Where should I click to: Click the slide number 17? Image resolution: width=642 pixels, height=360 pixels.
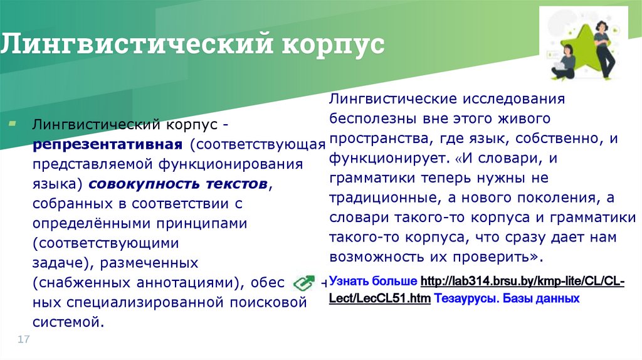click(24, 339)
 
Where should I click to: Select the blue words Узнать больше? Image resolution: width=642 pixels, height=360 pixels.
click(373, 280)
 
